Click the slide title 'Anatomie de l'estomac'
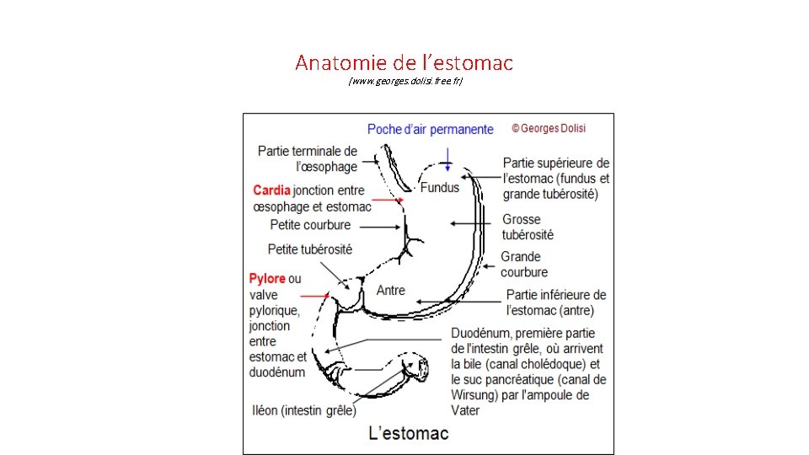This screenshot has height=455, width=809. (x=404, y=62)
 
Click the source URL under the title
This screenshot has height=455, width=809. (x=405, y=81)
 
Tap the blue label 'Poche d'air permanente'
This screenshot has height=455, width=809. (x=430, y=129)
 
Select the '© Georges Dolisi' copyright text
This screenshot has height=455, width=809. (x=549, y=128)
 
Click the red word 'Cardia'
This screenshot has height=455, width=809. (x=271, y=190)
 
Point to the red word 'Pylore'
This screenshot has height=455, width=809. (x=267, y=279)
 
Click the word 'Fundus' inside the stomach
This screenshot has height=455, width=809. (x=440, y=187)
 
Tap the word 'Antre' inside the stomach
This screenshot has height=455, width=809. (x=390, y=290)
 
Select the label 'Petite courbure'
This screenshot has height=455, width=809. (x=310, y=225)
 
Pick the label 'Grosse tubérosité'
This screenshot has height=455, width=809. (x=528, y=227)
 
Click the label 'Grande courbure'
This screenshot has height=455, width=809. (x=523, y=264)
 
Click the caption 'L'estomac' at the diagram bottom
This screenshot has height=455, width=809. (x=409, y=434)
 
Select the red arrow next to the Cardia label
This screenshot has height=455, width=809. (x=388, y=201)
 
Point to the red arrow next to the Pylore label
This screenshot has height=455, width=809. (x=316, y=296)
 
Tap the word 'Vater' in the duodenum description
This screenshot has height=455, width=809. (x=465, y=410)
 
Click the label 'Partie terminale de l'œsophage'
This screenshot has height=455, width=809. (x=308, y=158)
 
